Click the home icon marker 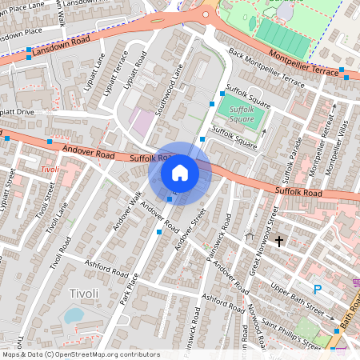pos(180,173)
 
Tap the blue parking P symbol pos(318,290)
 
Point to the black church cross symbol pos(279,240)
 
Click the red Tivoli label pos(49,170)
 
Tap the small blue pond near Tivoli pos(73,315)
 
